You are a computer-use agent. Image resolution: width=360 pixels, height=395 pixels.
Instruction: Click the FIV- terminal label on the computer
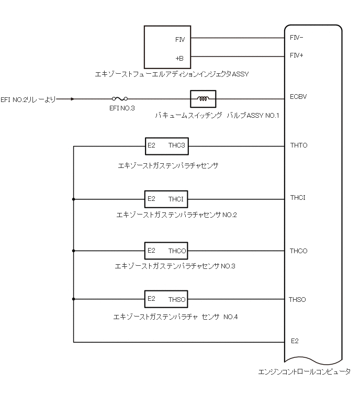pyautogui.click(x=296, y=38)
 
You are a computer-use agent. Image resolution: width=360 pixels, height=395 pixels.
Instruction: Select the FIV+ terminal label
pyautogui.click(x=296, y=55)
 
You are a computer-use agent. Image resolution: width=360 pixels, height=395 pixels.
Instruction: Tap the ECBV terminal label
pyautogui.click(x=298, y=97)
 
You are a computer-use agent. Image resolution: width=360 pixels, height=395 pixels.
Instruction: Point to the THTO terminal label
pyautogui.click(x=299, y=145)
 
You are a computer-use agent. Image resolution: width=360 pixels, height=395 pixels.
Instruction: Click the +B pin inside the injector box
pyautogui.click(x=179, y=59)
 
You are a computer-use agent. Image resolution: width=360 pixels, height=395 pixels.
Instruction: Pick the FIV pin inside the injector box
pyautogui.click(x=180, y=40)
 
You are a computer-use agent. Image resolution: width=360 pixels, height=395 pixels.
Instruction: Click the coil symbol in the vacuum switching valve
pyautogui.click(x=203, y=99)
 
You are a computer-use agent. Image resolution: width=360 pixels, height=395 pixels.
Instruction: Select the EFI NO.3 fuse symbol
pyautogui.click(x=120, y=98)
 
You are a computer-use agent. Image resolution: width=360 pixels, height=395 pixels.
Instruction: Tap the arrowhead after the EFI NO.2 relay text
pyautogui.click(x=73, y=99)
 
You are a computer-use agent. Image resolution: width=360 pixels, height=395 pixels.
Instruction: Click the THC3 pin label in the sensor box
pyautogui.click(x=177, y=145)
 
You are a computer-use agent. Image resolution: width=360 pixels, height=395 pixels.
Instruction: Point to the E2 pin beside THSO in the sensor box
pyautogui.click(x=151, y=299)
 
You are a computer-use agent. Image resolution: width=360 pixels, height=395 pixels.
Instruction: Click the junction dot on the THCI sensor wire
pyautogui.click(x=74, y=199)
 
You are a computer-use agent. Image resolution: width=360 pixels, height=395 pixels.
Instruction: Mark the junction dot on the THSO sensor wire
pyautogui.click(x=74, y=299)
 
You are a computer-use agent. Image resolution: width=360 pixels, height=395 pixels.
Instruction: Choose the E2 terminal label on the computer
pyautogui.click(x=295, y=341)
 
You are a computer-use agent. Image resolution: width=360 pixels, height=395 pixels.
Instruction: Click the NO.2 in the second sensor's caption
pyautogui.click(x=230, y=215)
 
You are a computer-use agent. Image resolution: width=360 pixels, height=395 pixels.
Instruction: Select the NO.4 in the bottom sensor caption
pyautogui.click(x=231, y=317)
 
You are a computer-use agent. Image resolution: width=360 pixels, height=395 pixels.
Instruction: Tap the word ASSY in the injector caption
pyautogui.click(x=240, y=74)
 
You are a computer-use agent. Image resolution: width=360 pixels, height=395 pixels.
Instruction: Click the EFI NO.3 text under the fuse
pyautogui.click(x=122, y=108)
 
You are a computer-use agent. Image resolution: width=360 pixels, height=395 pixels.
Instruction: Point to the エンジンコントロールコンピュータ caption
pyautogui.click(x=305, y=372)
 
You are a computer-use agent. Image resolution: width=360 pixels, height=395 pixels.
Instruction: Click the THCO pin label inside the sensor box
pyautogui.click(x=177, y=251)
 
